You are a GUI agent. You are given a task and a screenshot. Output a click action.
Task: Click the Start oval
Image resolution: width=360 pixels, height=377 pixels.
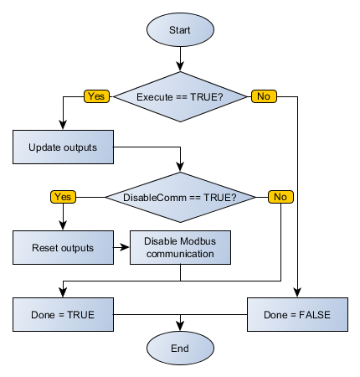(x=180, y=29)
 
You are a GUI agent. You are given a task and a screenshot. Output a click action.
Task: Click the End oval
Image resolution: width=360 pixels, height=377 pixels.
(x=180, y=348)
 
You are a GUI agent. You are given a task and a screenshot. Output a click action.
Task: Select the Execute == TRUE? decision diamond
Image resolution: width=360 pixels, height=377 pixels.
(x=180, y=96)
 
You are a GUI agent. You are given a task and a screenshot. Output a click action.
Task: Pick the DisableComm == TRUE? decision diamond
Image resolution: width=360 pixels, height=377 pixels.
(x=180, y=197)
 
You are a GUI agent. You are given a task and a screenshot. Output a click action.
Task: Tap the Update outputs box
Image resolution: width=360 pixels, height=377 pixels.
(x=63, y=147)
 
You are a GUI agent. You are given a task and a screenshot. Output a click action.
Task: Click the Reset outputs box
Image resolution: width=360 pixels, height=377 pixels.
(x=63, y=247)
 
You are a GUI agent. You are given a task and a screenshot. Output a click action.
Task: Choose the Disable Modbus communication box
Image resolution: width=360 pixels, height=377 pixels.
(x=180, y=247)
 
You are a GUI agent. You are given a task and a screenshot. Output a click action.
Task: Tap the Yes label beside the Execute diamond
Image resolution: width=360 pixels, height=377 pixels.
(x=95, y=96)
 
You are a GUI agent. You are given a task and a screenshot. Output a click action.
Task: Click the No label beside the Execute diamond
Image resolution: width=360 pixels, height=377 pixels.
(x=263, y=96)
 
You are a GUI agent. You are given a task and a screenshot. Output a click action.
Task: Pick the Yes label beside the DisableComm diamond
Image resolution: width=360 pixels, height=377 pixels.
(x=63, y=197)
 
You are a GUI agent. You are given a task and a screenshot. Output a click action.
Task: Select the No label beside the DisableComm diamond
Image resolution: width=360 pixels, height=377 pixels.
(x=280, y=197)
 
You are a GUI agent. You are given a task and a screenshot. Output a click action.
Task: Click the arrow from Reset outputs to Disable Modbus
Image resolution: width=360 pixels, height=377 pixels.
(x=121, y=247)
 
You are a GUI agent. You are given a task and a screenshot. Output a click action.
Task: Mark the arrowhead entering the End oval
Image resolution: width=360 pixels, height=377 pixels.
(x=180, y=327)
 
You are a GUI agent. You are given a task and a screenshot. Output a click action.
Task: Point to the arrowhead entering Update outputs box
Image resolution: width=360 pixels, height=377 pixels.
(x=63, y=126)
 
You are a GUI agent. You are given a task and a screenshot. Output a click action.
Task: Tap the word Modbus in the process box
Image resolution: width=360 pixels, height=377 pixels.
(x=195, y=241)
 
